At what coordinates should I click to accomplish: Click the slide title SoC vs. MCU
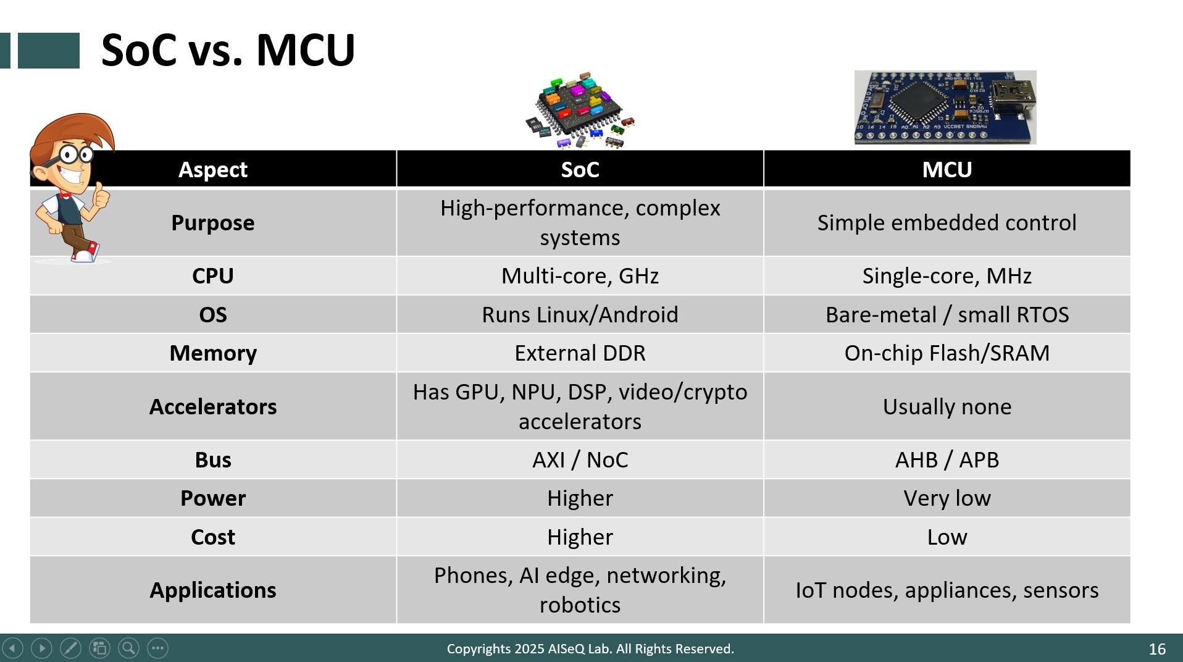(228, 50)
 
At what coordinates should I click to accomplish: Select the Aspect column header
(213, 169)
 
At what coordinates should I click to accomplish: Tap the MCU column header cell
(947, 169)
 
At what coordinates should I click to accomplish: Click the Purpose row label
(213, 222)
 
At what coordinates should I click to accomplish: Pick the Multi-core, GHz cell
(580, 275)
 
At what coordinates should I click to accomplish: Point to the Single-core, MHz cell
(947, 275)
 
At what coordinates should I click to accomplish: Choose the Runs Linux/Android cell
(580, 314)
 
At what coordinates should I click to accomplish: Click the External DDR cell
(580, 353)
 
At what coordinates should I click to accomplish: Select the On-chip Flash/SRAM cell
(947, 353)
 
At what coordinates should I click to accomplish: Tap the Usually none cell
(947, 406)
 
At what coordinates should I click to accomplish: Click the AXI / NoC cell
(580, 459)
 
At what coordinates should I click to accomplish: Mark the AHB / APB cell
(947, 459)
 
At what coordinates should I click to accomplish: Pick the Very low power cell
(947, 498)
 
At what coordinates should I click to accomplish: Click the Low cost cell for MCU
(947, 537)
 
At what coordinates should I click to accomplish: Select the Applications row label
(213, 590)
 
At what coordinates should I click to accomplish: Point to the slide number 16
(1157, 649)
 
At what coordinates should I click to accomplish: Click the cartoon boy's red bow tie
(64, 196)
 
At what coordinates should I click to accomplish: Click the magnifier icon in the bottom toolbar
(128, 648)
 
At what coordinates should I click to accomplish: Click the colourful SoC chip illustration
(580, 110)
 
